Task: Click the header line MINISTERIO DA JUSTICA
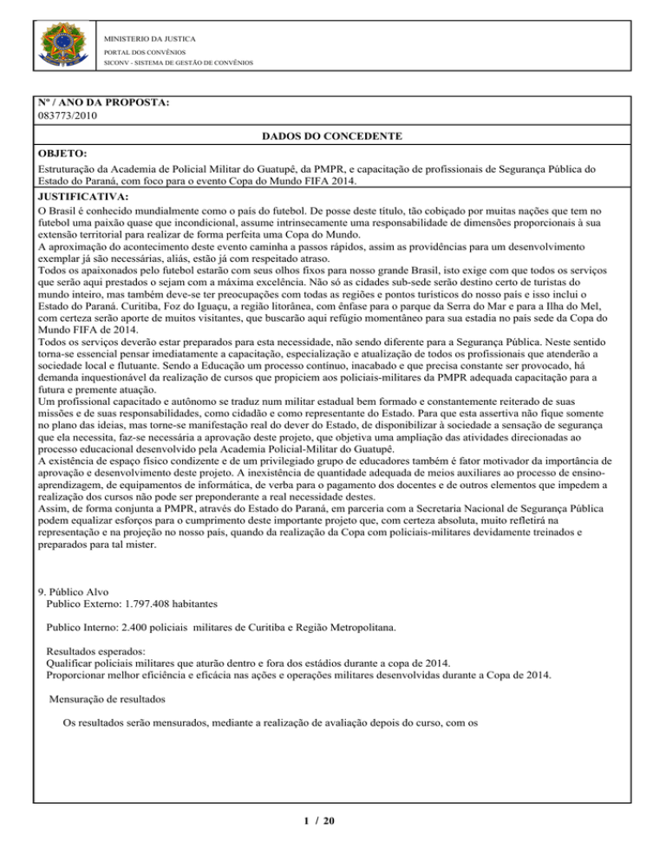(149, 39)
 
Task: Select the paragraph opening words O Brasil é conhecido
(91, 210)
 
